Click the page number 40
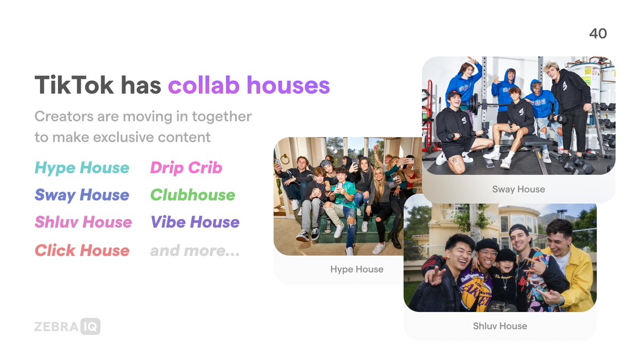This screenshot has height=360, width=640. (598, 34)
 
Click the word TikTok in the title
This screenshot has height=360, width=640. (74, 85)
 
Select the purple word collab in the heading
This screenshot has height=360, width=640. (204, 85)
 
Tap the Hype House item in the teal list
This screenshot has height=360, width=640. (82, 168)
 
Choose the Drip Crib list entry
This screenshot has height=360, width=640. (186, 167)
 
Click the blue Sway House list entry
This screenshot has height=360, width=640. (82, 195)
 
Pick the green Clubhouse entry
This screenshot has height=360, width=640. (193, 195)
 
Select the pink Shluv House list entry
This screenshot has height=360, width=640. (83, 222)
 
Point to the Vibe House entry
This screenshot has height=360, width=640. (195, 222)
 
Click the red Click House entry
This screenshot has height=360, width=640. (82, 251)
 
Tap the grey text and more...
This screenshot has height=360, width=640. (195, 251)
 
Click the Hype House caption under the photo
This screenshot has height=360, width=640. (357, 269)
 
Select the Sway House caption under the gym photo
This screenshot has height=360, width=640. (518, 189)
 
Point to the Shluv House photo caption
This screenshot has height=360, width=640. (500, 326)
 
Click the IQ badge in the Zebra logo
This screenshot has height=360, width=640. (91, 326)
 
